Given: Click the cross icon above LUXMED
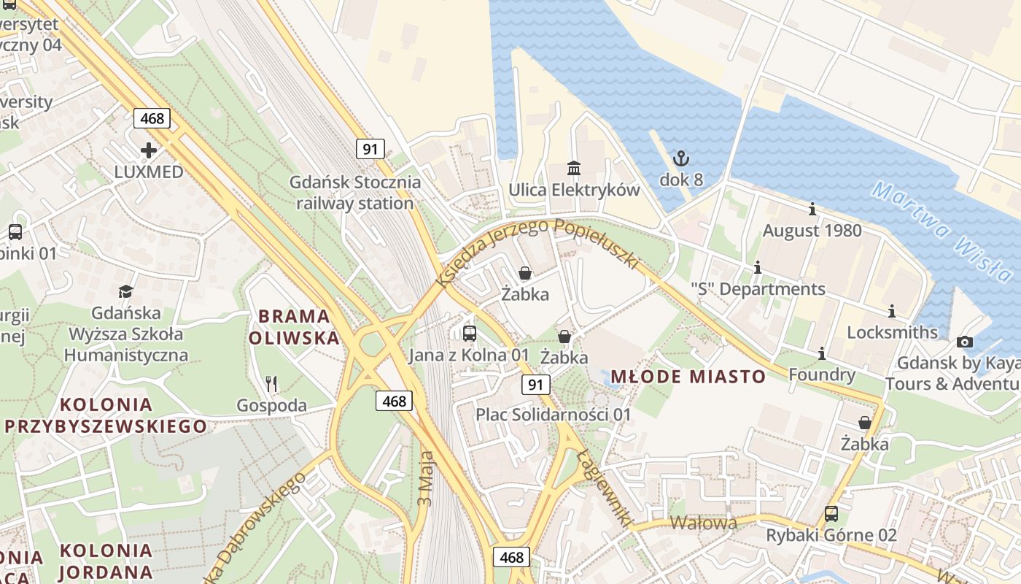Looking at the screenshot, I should [149, 150].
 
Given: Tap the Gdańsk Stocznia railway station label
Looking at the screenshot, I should [355, 193].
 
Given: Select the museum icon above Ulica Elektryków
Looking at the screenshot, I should [574, 169].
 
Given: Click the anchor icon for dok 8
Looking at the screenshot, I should [681, 158].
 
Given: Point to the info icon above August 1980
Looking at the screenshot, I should [812, 210].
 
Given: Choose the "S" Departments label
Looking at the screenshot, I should [758, 289].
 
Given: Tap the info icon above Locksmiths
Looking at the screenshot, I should [891, 311].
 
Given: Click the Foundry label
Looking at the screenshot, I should [822, 375].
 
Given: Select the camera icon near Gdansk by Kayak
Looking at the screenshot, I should [965, 342].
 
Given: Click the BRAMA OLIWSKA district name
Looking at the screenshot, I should [294, 327].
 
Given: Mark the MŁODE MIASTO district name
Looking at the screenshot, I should [688, 377].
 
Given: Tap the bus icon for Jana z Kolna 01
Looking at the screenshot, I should [470, 334].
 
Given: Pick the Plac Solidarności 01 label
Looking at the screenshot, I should [554, 415].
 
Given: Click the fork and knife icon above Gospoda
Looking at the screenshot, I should [271, 383].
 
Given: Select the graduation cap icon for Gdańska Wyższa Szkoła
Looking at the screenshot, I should [126, 291].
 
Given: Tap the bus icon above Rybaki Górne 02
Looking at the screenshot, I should [831, 513].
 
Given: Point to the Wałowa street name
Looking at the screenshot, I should [703, 523].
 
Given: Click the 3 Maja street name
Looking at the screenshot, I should [427, 478].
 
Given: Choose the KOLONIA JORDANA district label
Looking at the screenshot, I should [106, 561].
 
